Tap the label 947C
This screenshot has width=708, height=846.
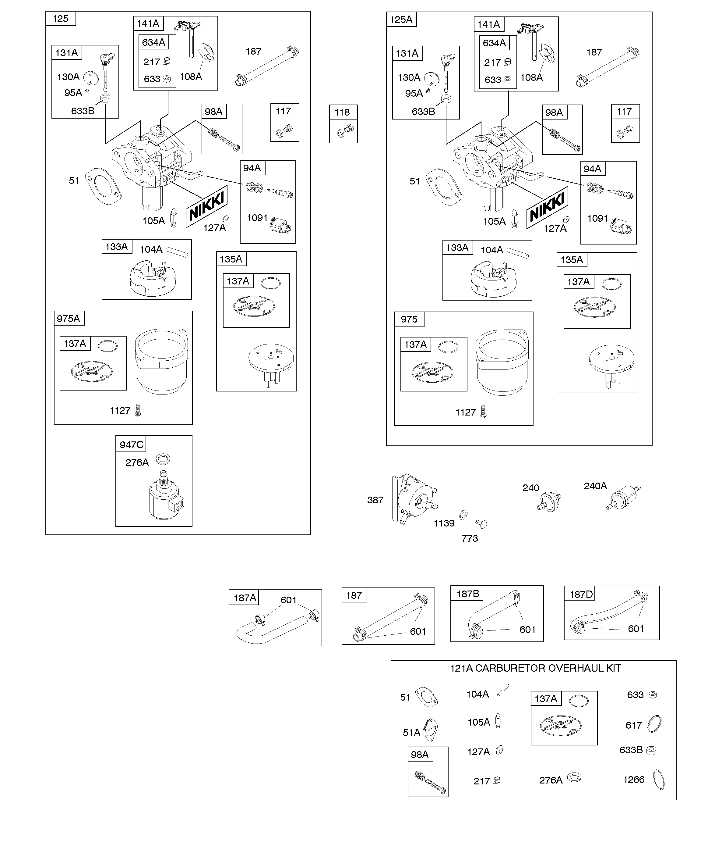[132, 444]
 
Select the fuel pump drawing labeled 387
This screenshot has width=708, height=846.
[414, 500]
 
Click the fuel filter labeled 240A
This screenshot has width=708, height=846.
[623, 498]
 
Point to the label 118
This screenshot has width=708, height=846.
[342, 112]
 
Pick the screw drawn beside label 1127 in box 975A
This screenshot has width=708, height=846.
[138, 410]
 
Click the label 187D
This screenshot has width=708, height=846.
[581, 594]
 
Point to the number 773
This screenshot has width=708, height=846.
[470, 538]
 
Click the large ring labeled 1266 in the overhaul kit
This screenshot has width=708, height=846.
[658, 780]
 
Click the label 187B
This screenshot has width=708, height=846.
[468, 594]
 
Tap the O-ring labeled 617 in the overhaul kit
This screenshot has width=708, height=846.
[654, 724]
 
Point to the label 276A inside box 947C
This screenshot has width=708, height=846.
[137, 462]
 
